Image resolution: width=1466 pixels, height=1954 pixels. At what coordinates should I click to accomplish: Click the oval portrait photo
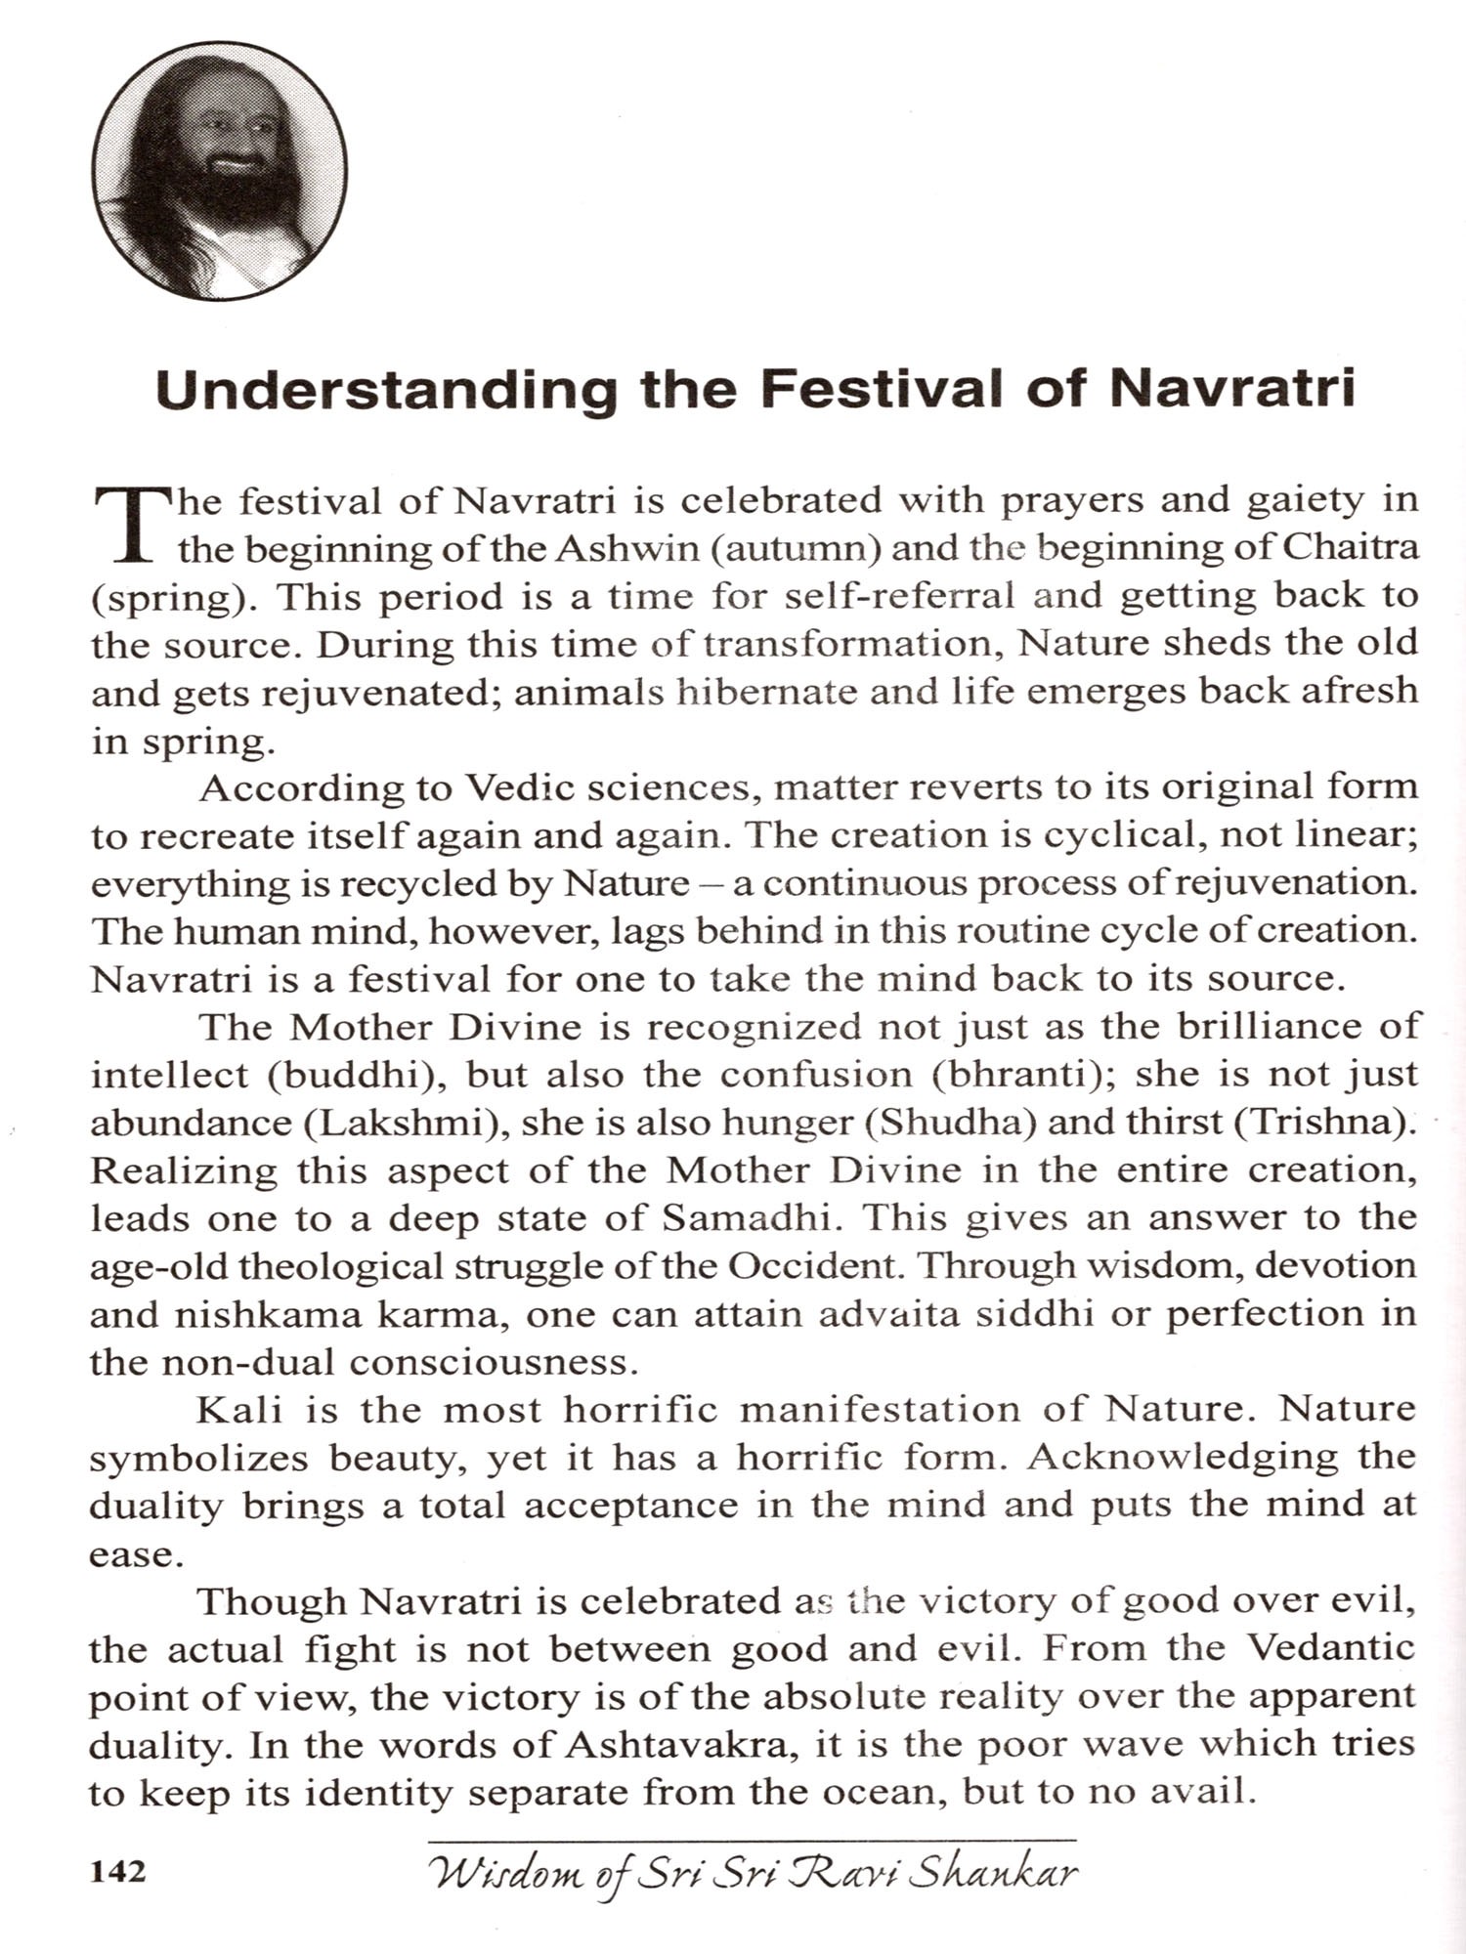[x=219, y=170]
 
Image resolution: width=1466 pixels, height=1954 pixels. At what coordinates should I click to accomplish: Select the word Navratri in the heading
[x=1232, y=388]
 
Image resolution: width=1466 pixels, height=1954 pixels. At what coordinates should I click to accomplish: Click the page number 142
[x=118, y=1872]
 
